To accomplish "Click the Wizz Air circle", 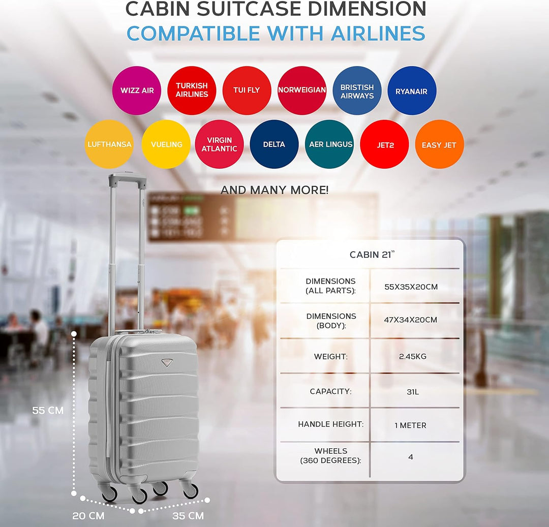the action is [x=137, y=90].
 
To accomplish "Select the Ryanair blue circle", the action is [x=412, y=90].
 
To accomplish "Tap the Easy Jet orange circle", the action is [x=439, y=144].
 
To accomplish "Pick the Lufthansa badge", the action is [x=109, y=144].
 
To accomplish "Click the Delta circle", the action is [x=274, y=144].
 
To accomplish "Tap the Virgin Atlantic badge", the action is [x=219, y=144].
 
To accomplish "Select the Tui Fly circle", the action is [x=247, y=90].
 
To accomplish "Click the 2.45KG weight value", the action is [x=412, y=357].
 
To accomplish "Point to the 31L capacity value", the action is [x=413, y=392].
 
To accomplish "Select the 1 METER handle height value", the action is [x=410, y=425].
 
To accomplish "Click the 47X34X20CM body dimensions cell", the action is [x=410, y=320].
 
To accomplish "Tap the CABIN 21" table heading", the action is [x=372, y=255].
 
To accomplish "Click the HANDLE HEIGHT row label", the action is [x=331, y=424].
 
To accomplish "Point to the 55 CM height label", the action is [x=48, y=410].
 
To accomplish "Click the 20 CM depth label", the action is [x=88, y=516].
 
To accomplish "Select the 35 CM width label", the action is [x=188, y=516].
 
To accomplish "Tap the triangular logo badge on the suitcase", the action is [x=167, y=362].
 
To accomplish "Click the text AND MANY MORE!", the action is [x=274, y=190].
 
